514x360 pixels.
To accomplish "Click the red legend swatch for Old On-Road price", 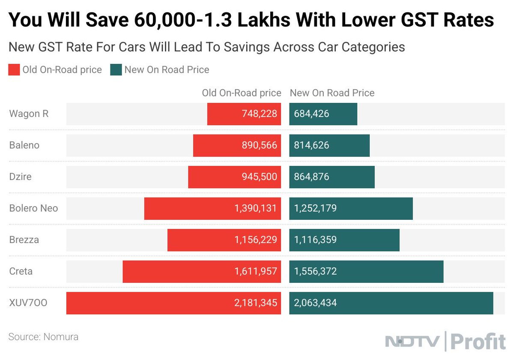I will pos(14,70).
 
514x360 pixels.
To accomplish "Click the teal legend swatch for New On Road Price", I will pos(116,70).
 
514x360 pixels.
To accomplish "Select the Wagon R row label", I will pos(29,114).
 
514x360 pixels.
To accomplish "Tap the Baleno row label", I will pos(24,145).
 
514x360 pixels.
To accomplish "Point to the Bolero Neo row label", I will pos(33,208).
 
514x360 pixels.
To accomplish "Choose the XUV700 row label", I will pos(28,303).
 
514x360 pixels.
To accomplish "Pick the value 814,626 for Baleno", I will pos(311,145).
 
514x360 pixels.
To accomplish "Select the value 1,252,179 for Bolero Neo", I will pos(315,208).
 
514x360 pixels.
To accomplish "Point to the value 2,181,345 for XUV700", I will pos(256,303).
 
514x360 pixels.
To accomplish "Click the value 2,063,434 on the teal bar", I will pos(315,303).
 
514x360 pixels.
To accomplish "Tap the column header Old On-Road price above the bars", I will pos(242,93).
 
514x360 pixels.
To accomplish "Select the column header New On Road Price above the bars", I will pos(332,93).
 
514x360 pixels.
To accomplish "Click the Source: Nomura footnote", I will pos(43,337).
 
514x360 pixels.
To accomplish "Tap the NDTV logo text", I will pos(412,342).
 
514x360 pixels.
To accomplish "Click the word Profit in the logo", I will pos(478,342).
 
